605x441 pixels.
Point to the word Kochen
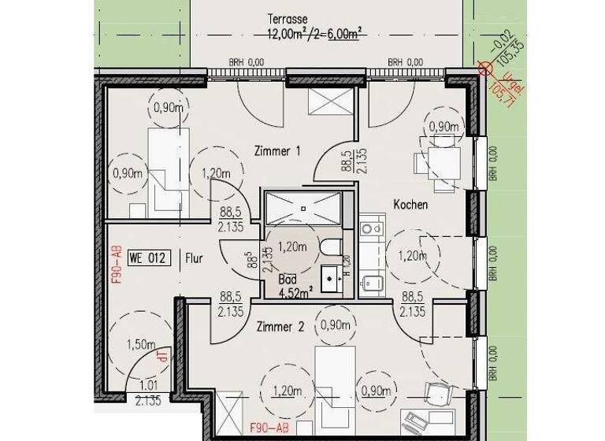pyautogui.click(x=410, y=205)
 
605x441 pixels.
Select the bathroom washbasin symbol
pyautogui.click(x=331, y=276)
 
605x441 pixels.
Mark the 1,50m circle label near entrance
pyautogui.click(x=141, y=343)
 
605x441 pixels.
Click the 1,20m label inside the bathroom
pyautogui.click(x=291, y=246)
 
